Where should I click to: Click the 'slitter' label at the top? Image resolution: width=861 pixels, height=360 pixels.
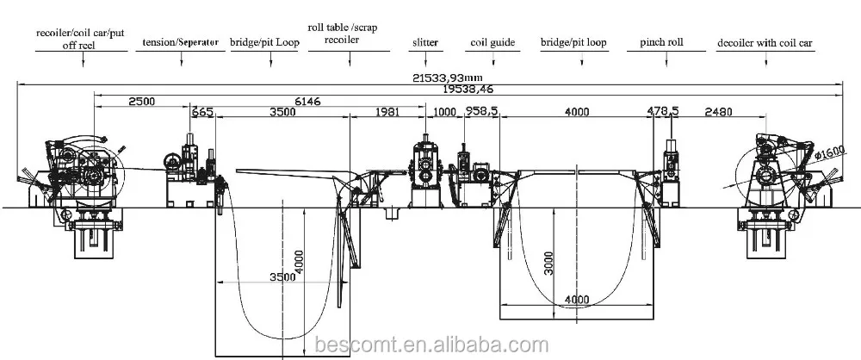click(x=425, y=42)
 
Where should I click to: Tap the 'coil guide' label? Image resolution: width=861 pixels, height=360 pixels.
click(x=493, y=43)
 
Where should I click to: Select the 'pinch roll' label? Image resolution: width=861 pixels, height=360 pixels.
click(x=661, y=42)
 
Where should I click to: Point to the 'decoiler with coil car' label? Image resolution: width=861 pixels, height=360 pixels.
click(x=765, y=43)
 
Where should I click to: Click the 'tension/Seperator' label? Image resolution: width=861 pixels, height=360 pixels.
click(x=181, y=42)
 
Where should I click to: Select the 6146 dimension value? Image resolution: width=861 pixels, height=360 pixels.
click(x=307, y=101)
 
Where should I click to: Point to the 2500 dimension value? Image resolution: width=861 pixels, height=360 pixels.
click(x=142, y=101)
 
